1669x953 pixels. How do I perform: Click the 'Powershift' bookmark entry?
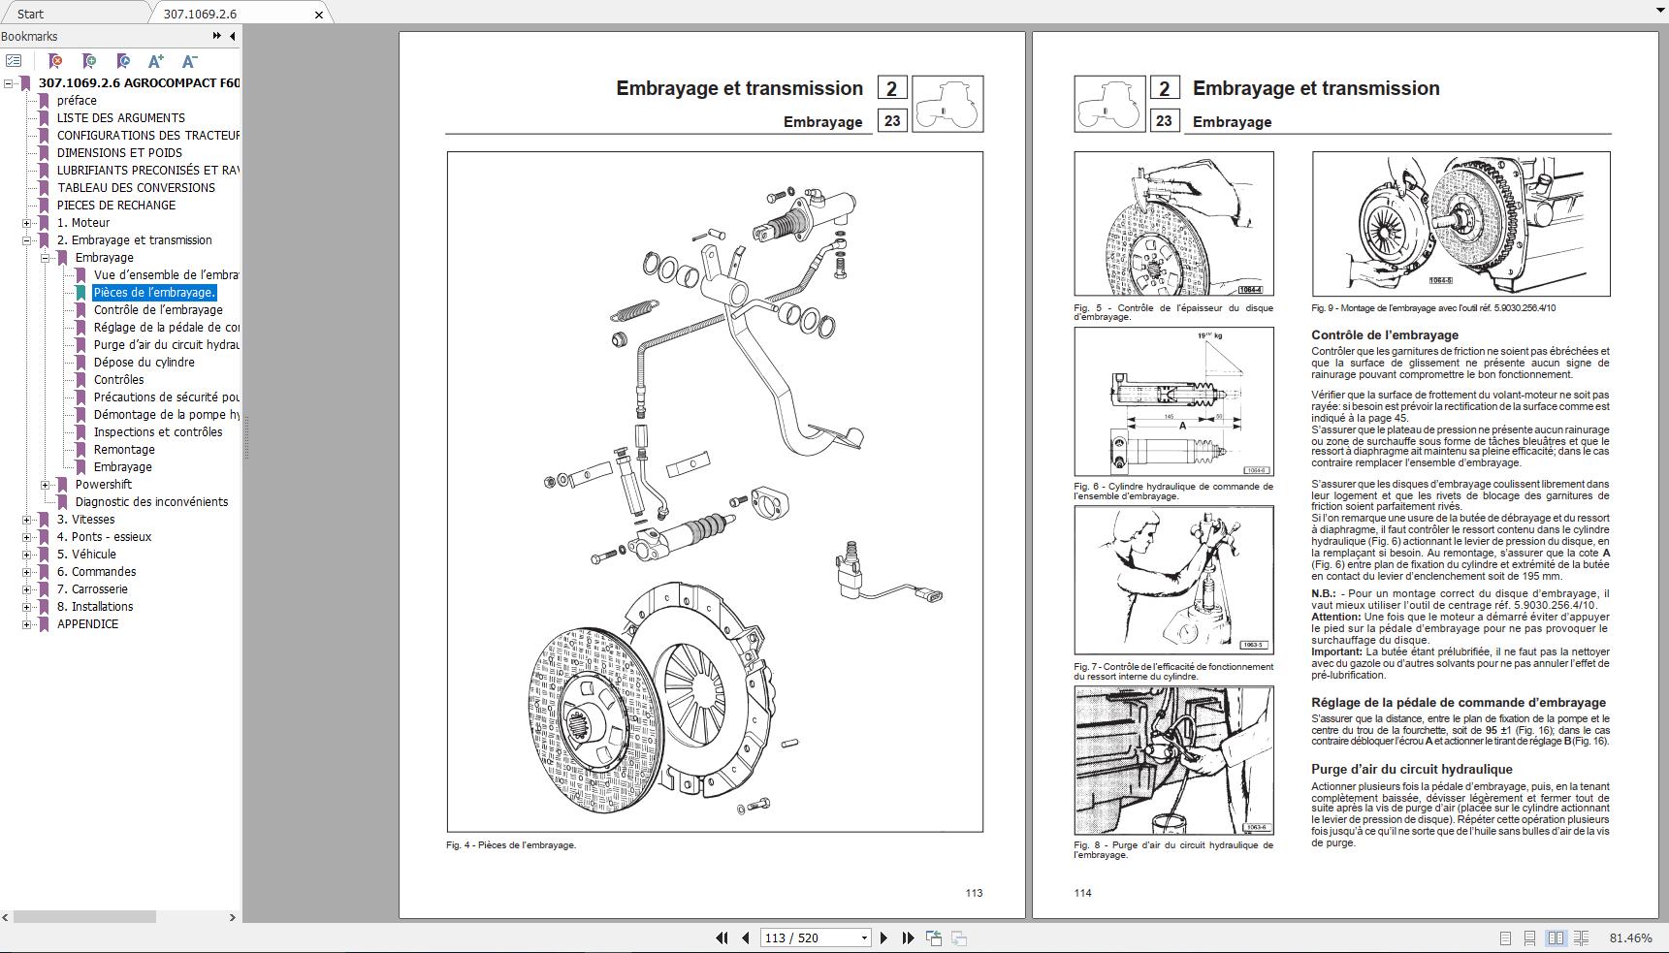(103, 485)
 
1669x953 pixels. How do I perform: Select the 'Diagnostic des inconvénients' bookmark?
(151, 502)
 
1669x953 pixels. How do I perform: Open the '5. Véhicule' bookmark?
(86, 555)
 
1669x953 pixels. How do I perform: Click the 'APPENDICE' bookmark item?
(87, 624)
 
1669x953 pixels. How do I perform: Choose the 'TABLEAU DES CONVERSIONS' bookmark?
(136, 188)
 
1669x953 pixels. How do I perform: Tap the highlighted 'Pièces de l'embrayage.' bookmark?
(154, 293)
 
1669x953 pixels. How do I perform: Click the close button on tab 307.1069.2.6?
(319, 15)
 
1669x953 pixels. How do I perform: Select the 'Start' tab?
(30, 14)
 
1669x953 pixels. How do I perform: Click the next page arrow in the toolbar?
(883, 937)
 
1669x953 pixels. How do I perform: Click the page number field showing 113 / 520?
(811, 937)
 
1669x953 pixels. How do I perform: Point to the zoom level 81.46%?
(1630, 937)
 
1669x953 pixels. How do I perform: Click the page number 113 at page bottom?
(974, 893)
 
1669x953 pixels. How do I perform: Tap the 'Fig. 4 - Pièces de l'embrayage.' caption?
(511, 845)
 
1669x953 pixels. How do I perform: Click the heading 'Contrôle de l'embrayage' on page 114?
(1385, 335)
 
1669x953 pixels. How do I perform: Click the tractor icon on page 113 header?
(947, 104)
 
